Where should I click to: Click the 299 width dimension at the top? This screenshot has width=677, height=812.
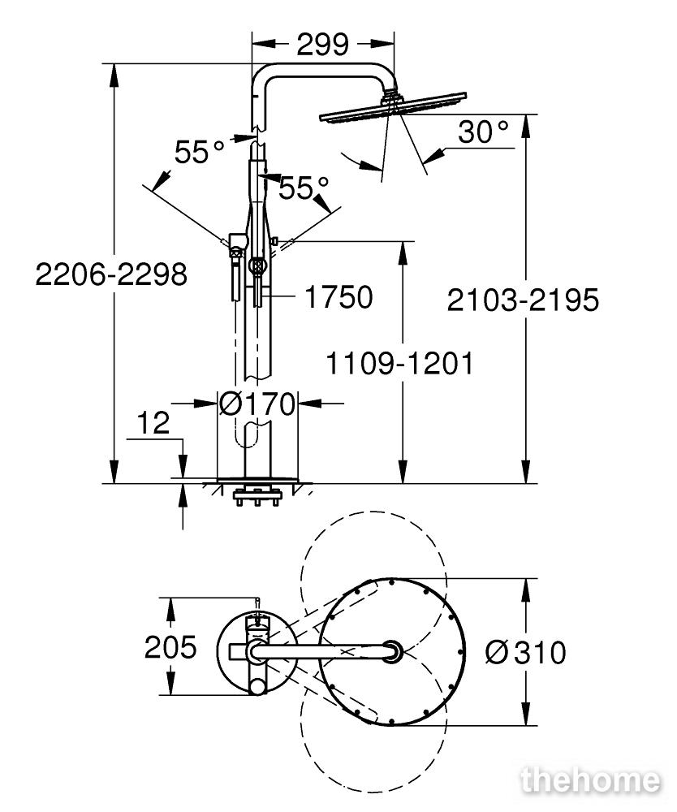[322, 45]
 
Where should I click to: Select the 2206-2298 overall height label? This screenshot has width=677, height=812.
[111, 274]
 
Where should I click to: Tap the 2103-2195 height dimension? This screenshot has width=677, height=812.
[523, 300]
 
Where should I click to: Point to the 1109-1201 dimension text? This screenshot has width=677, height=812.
[399, 364]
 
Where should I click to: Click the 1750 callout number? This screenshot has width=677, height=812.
[339, 296]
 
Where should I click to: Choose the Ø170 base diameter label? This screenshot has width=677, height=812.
[257, 404]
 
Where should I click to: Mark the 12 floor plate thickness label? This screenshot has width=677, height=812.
[153, 423]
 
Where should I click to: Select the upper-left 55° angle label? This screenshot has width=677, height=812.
[199, 152]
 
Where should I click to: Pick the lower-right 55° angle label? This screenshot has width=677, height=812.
[304, 188]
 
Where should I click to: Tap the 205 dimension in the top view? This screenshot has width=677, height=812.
[170, 647]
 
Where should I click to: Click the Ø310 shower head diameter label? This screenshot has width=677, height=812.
[526, 653]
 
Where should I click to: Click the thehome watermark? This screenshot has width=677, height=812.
[591, 780]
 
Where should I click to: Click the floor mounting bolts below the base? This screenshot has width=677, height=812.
[257, 495]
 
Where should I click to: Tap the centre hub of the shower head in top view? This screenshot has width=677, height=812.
[392, 651]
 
